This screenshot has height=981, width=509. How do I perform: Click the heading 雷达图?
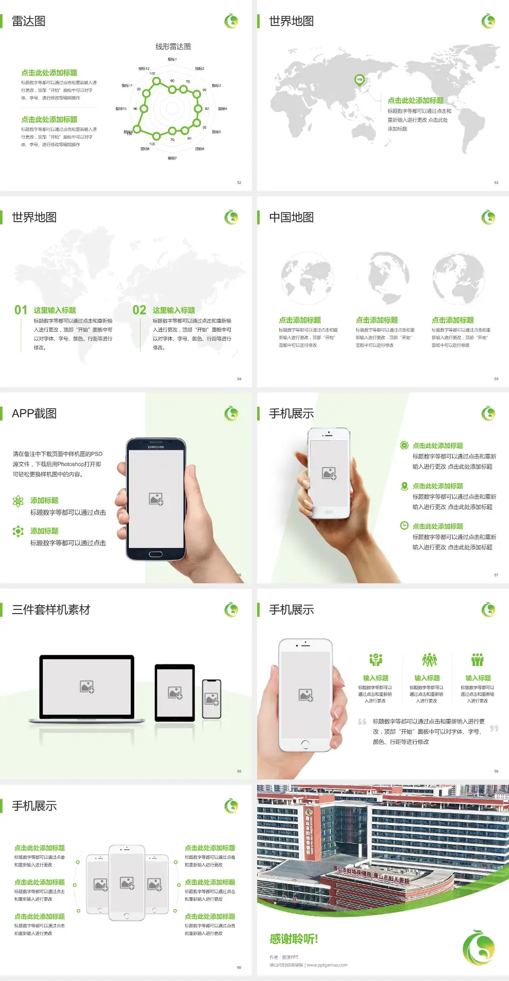point(29,21)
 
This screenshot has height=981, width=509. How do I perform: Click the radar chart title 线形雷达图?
point(173,47)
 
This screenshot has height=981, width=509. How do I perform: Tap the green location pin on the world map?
point(359,80)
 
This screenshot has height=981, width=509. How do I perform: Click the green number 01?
point(21,310)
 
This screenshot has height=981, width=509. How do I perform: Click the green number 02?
point(139,310)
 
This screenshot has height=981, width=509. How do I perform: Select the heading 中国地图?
point(291,217)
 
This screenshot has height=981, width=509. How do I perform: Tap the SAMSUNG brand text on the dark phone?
point(156,447)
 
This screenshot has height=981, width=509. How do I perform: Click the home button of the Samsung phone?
point(155,554)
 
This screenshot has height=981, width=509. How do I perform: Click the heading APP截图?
point(34,414)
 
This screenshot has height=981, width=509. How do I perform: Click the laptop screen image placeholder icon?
point(87,687)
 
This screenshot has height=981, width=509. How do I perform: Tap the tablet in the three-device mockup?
point(175,692)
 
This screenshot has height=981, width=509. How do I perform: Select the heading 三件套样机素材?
point(51,610)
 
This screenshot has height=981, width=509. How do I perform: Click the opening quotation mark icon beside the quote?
point(362,722)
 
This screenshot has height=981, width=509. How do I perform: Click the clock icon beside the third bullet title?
point(404,525)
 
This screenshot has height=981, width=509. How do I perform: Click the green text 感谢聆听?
point(294,939)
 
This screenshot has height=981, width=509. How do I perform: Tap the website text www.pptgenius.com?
point(327,965)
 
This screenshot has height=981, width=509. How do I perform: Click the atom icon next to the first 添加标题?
point(18,501)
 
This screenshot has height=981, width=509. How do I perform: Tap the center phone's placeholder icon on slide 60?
point(127,883)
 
